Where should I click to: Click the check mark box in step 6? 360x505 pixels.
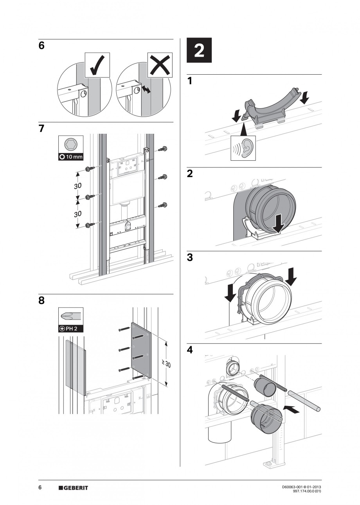point(97,65)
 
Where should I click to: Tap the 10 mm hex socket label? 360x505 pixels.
point(70,157)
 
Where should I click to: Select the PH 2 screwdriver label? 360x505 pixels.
point(70,329)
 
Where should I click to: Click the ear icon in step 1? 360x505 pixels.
point(243,148)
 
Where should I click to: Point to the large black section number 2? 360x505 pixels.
point(199,50)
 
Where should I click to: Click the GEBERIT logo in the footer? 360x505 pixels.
point(73,488)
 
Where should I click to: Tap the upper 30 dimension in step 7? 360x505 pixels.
point(77,186)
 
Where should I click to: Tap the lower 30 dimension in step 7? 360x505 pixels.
point(77,214)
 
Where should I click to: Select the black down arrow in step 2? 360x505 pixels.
point(279,224)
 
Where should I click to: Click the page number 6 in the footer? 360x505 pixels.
point(40,487)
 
